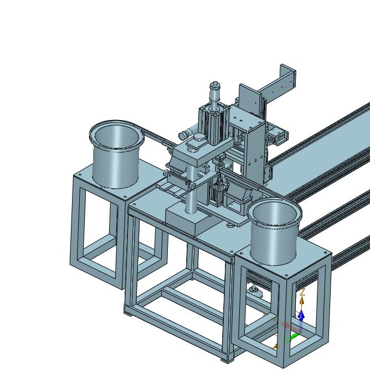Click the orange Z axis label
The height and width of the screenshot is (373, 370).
(302, 292)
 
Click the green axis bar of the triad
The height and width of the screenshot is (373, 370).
(292, 338)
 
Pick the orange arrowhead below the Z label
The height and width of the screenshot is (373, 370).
(302, 301)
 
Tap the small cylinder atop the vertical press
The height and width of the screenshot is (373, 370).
(214, 91)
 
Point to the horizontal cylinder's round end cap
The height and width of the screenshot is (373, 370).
(183, 136)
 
